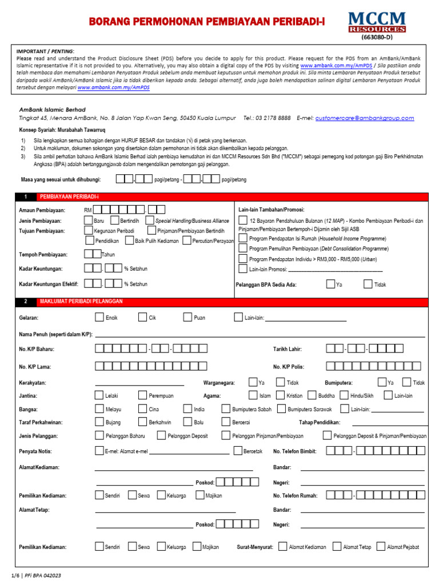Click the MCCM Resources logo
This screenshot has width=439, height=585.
tap(377, 22)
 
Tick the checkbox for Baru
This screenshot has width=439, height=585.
tap(89, 221)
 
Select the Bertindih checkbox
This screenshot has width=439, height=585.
tap(115, 221)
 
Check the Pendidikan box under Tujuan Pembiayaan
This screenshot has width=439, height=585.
tap(89, 241)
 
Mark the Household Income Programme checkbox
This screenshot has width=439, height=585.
tap(243, 238)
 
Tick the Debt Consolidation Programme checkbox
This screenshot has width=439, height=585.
tap(243, 249)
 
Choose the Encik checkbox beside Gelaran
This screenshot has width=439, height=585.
tap(99, 318)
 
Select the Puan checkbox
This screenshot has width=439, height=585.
tap(187, 318)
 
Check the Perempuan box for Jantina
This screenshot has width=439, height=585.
tap(142, 395)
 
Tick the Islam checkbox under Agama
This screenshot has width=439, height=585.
tap(253, 395)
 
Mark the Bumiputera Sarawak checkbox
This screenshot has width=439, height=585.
tap(281, 409)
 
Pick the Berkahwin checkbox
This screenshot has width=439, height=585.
tap(142, 422)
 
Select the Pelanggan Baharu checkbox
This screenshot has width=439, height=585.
tap(99, 436)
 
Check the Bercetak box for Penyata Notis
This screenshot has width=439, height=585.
tap(238, 451)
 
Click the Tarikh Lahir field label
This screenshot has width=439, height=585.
tap(287, 349)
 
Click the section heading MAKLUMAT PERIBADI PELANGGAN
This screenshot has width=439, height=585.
tap(81, 301)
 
